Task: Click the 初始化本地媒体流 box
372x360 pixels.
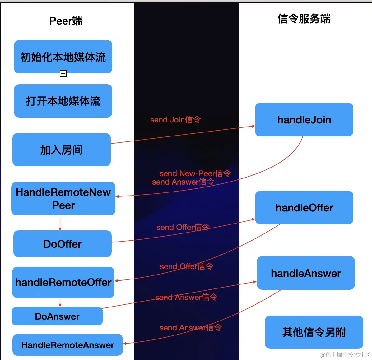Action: pyautogui.click(x=63, y=57)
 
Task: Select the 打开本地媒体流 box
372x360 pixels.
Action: pyautogui.click(x=63, y=101)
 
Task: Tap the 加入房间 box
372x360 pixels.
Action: pyautogui.click(x=61, y=150)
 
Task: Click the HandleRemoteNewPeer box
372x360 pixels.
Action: pyautogui.click(x=63, y=199)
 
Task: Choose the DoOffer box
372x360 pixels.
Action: pyautogui.click(x=62, y=244)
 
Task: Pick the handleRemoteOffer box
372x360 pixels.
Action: pyautogui.click(x=63, y=282)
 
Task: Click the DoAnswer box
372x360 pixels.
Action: pyautogui.click(x=57, y=316)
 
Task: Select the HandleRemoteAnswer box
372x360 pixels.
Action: pyautogui.click(x=67, y=345)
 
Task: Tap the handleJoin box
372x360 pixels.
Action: pyautogui.click(x=304, y=120)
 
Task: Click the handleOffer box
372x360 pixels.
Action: pyautogui.click(x=304, y=208)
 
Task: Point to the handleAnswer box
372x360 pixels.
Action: pyautogui.click(x=306, y=273)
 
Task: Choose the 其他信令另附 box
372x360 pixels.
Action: pyautogui.click(x=314, y=332)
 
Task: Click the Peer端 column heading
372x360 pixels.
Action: pyautogui.click(x=66, y=21)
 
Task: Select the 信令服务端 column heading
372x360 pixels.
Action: pyautogui.click(x=304, y=19)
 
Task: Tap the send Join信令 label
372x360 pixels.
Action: pyautogui.click(x=175, y=120)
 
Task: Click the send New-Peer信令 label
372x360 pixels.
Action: pyautogui.click(x=195, y=173)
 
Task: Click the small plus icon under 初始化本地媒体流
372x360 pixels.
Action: pyautogui.click(x=63, y=73)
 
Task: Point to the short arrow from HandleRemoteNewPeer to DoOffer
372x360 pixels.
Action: pyautogui.click(x=60, y=224)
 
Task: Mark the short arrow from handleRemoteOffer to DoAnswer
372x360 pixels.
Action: pyautogui.click(x=60, y=302)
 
